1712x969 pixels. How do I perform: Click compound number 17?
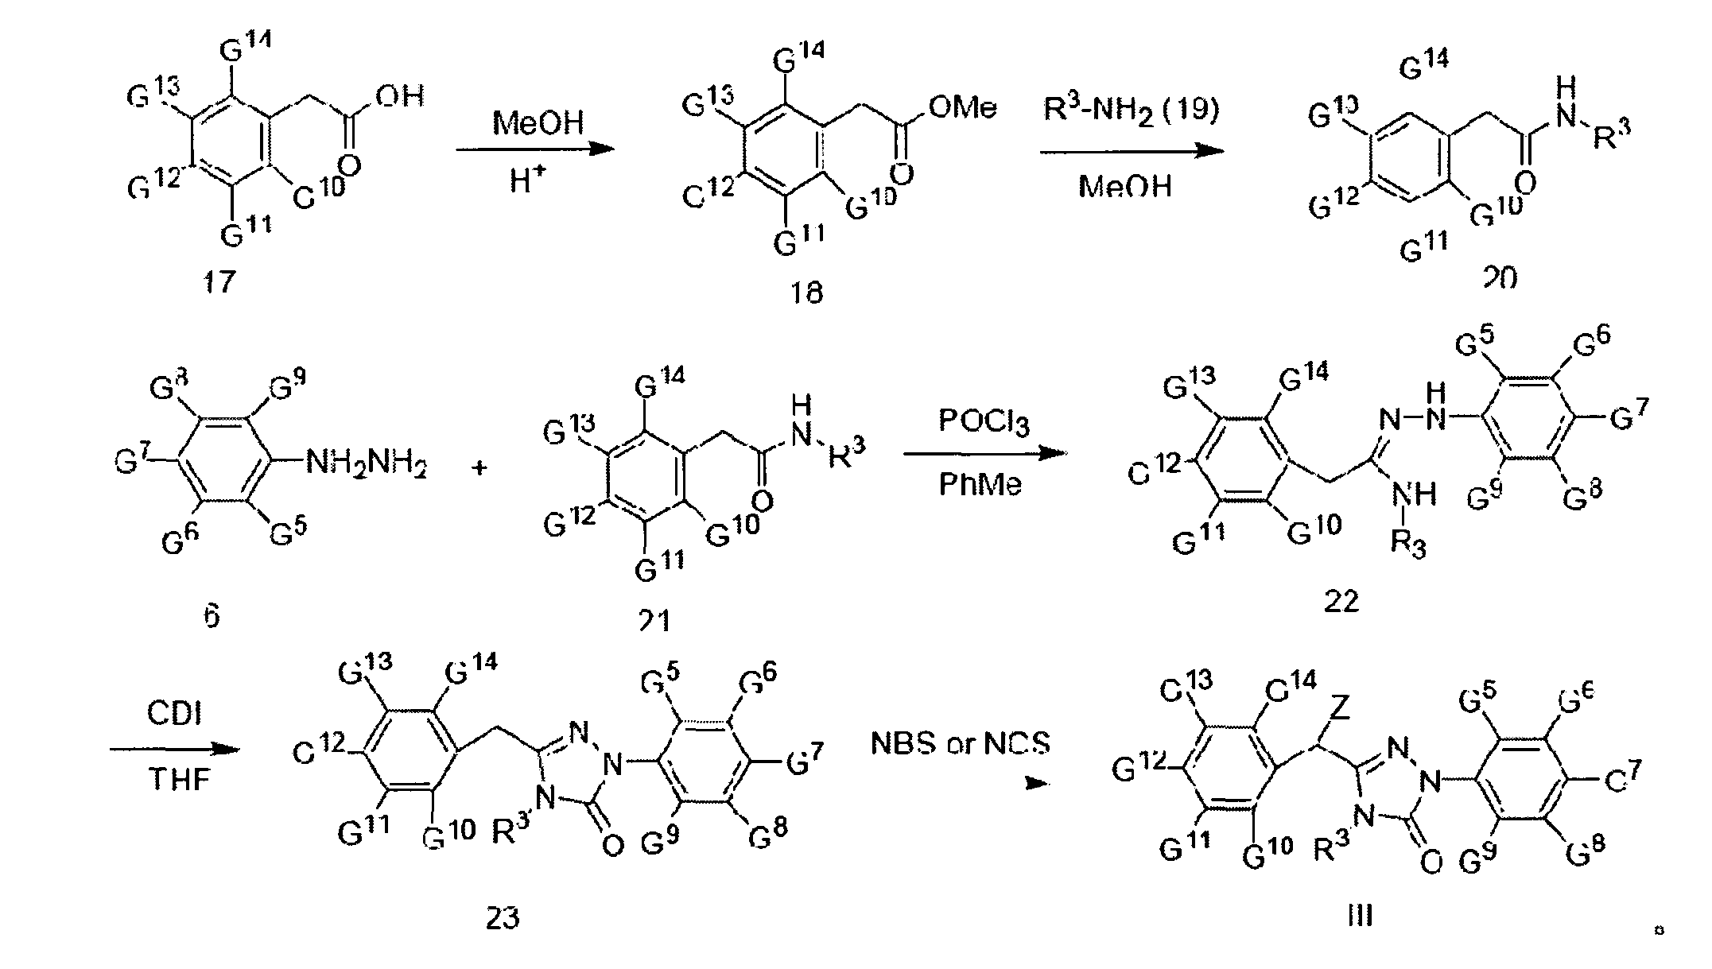[219, 281]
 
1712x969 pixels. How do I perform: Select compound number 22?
[1341, 602]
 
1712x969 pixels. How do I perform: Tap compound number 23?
[503, 918]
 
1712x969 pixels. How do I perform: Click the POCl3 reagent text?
[984, 421]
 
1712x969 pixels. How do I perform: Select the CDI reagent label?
[174, 714]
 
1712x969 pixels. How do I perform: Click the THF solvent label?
[179, 780]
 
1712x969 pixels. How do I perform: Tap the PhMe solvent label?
[980, 484]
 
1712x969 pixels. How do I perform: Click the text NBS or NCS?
[960, 743]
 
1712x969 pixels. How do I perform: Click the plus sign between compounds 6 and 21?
[479, 468]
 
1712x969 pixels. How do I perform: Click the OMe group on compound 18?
[962, 107]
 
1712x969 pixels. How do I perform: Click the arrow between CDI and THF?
[174, 749]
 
